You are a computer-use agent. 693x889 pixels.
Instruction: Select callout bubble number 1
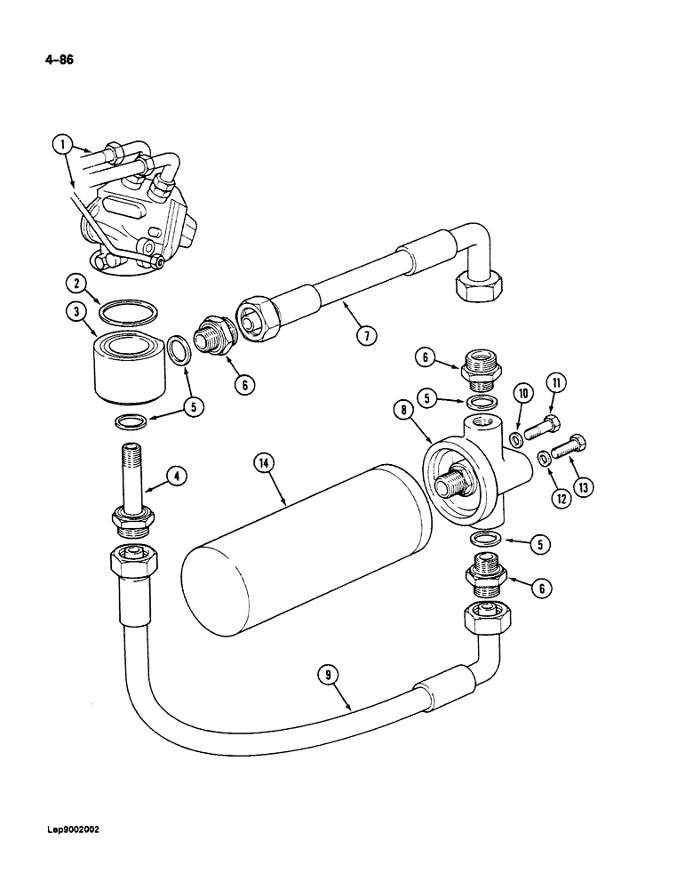(x=60, y=141)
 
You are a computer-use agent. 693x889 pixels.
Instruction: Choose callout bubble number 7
(x=364, y=335)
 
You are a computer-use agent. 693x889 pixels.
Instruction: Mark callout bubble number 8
(x=404, y=410)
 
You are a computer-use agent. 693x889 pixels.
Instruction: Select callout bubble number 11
(x=557, y=384)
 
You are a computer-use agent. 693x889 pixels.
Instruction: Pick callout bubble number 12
(x=561, y=499)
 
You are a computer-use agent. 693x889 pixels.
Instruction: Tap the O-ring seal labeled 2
(x=130, y=316)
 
